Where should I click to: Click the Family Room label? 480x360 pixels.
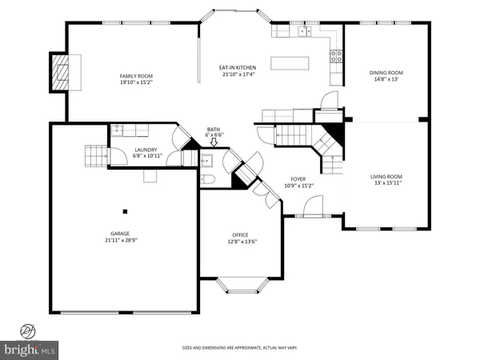tap(136, 75)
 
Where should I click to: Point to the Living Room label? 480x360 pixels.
tap(386, 177)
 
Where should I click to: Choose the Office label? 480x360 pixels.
tap(241, 235)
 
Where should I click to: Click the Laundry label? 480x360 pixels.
tap(145, 150)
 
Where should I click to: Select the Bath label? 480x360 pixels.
tap(214, 129)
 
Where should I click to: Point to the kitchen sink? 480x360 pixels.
tap(304, 31)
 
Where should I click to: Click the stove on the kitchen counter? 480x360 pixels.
tap(337, 56)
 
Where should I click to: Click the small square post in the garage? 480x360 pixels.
tap(124, 212)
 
